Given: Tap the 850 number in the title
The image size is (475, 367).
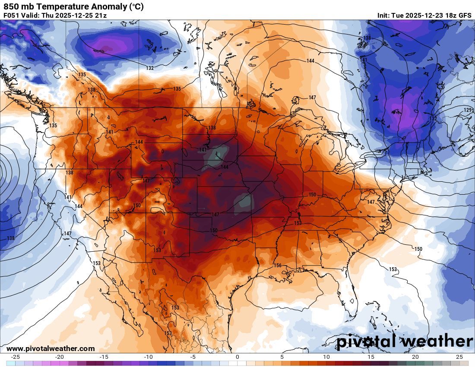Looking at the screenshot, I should [x=10, y=7].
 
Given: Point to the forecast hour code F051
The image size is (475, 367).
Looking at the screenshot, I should [x=12, y=16].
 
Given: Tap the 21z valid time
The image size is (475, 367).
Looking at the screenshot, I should [x=100, y=16].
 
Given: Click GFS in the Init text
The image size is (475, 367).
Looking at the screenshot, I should [x=465, y=16].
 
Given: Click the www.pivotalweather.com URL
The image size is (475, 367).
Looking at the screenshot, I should [x=51, y=348].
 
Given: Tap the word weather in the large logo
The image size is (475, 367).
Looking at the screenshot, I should [x=436, y=341].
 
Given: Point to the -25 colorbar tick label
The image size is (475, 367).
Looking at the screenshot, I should [x=15, y=357].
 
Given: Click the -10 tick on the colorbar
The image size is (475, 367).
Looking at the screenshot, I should [x=149, y=357].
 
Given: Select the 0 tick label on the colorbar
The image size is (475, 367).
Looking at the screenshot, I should [x=237, y=357].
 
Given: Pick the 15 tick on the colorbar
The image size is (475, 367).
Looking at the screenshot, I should [x=370, y=357].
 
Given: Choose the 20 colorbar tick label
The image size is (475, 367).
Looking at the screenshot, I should [x=415, y=357].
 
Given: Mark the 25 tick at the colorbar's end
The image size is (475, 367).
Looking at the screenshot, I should [x=459, y=357].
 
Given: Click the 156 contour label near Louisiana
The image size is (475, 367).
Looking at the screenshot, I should [x=278, y=266].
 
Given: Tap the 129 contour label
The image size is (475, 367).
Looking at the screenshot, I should [x=468, y=111].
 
